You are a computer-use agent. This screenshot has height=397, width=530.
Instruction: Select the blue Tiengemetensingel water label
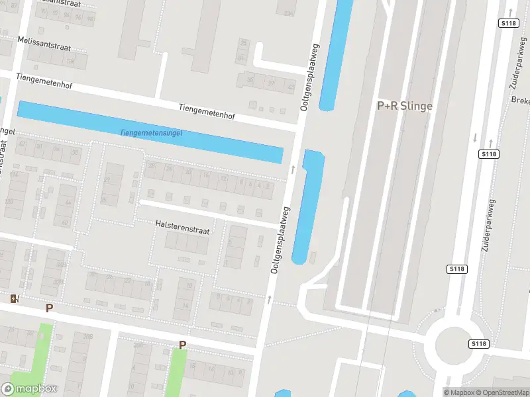pyautogui.click(x=150, y=133)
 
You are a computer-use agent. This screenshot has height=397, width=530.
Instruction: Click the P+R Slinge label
pyautogui.click(x=405, y=105)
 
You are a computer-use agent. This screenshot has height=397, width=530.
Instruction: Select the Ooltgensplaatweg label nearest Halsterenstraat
pyautogui.click(x=281, y=241)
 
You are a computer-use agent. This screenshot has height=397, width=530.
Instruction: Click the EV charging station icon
pyautogui.click(x=15, y=299)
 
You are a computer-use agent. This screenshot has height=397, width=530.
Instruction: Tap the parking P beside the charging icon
pyautogui.click(x=49, y=308)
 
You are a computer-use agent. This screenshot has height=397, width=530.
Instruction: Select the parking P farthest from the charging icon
pyautogui.click(x=182, y=345)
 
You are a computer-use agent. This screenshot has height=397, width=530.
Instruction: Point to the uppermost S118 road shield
pyautogui.click(x=507, y=22)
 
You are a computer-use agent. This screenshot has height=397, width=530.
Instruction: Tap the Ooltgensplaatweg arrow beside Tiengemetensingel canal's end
pyautogui.click(x=293, y=170)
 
